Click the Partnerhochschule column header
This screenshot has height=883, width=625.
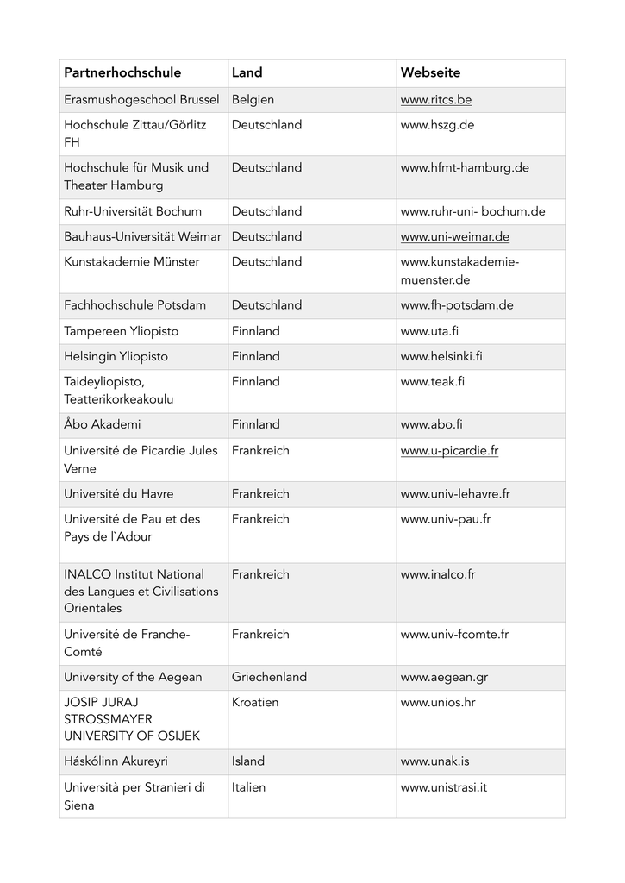click(x=122, y=73)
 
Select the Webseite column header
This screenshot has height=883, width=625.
click(x=430, y=73)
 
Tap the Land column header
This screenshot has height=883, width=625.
click(x=247, y=73)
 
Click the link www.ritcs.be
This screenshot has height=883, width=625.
click(x=435, y=100)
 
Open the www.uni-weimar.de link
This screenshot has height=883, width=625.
click(x=454, y=236)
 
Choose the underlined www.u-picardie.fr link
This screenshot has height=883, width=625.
click(x=449, y=450)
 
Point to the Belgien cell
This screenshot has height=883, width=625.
click(x=253, y=100)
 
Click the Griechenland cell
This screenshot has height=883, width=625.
click(x=269, y=677)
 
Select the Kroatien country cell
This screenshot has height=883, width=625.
click(x=255, y=702)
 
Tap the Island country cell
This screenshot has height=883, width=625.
click(x=248, y=761)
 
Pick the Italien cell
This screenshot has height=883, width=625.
click(x=248, y=787)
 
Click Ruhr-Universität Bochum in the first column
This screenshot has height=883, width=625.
click(x=133, y=211)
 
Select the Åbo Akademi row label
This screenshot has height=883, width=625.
click(x=102, y=424)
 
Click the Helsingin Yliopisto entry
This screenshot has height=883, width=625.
click(x=116, y=356)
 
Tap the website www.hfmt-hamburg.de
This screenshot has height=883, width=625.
click(x=465, y=167)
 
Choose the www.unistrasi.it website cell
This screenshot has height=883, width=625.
click(x=444, y=787)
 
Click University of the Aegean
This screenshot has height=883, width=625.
click(x=133, y=677)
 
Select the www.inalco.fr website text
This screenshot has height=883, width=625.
click(x=438, y=574)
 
